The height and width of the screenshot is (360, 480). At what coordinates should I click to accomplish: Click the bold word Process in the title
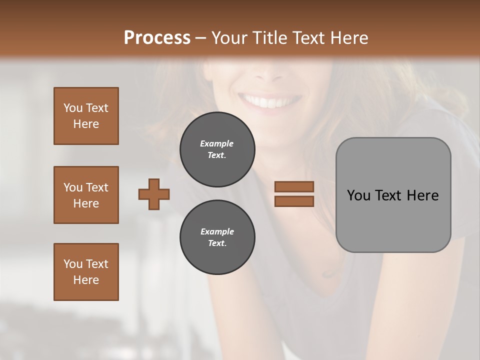(x=157, y=38)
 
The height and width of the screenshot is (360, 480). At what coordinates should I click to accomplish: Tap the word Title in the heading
(x=269, y=38)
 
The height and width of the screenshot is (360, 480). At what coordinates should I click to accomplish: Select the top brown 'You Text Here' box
(x=86, y=116)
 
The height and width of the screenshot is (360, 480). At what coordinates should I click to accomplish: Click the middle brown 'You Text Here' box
(x=86, y=195)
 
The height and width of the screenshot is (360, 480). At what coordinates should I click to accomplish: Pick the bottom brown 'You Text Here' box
(x=86, y=272)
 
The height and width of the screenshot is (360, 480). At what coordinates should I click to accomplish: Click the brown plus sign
(x=154, y=194)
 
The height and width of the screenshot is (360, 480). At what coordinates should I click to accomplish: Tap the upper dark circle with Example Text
(x=217, y=149)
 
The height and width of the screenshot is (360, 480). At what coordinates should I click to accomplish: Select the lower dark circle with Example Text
(x=217, y=237)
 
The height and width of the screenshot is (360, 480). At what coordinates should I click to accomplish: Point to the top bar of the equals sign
(x=294, y=186)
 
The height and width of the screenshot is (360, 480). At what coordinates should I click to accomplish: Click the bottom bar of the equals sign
(x=294, y=201)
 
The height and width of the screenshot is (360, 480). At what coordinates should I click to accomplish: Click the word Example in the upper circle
(x=217, y=143)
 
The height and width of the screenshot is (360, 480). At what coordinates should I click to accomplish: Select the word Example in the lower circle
(x=217, y=231)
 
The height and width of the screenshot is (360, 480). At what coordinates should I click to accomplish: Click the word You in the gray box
(x=358, y=195)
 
